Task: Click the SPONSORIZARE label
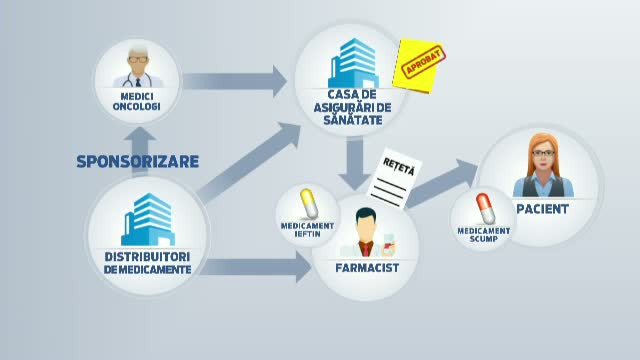tap(137, 161)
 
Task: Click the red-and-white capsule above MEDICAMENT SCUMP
tap(483, 209)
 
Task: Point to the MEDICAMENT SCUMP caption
tap(483, 236)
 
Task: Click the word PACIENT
tap(544, 210)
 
